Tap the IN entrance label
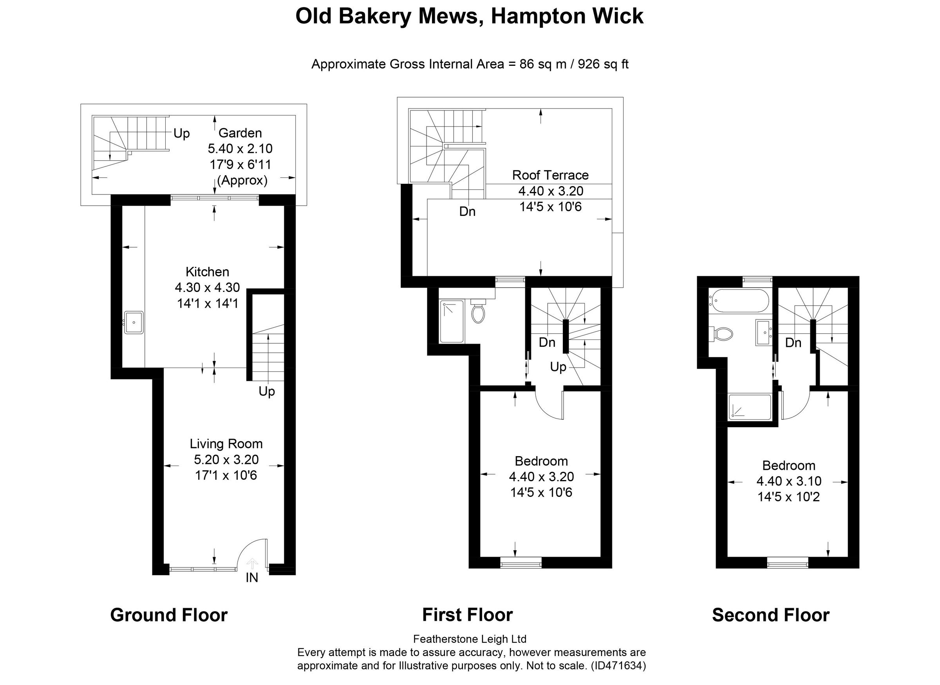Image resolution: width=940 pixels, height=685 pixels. pos(251,578)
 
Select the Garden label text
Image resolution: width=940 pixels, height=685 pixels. pos(240,133)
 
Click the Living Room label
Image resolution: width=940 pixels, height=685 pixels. pos(226,444)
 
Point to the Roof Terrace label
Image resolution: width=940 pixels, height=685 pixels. pos(550,175)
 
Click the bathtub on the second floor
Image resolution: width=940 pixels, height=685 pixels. pos(739,301)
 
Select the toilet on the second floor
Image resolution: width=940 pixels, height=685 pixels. pos(722,333)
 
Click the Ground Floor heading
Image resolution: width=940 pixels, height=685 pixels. pos(169,615)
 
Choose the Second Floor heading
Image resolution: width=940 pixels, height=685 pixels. pos(770,615)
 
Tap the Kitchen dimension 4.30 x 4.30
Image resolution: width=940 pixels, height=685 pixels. pos(207,287)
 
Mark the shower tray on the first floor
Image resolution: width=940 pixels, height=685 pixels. pos(451,321)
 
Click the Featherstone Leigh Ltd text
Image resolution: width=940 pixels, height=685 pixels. pos(470,639)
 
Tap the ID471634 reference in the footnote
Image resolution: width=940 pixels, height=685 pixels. pos(619,666)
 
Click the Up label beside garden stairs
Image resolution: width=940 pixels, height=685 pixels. pos(181,134)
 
